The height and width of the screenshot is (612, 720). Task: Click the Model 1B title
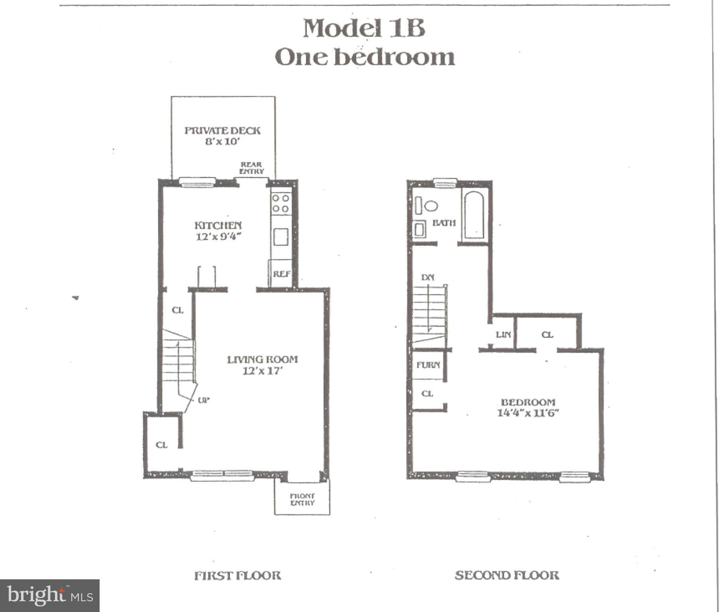[x=364, y=28]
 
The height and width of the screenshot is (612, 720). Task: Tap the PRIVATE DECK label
[x=222, y=131]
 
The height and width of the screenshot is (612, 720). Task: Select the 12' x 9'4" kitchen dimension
[x=218, y=237]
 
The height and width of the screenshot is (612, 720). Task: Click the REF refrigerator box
[x=281, y=274]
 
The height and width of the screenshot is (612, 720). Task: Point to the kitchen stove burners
[x=281, y=203]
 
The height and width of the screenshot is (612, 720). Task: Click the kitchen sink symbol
[x=281, y=237]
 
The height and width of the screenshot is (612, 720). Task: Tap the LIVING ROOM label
[x=262, y=359]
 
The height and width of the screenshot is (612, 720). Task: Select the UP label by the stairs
[x=204, y=400]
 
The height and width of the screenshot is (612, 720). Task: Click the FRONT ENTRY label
[x=302, y=499]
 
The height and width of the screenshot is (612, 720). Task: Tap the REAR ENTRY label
[x=251, y=168]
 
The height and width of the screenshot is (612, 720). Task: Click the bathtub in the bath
[x=474, y=215]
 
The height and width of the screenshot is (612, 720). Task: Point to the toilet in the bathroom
[x=430, y=206]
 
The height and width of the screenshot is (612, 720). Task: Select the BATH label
[x=444, y=223]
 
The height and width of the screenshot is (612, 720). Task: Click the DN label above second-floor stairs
[x=428, y=277]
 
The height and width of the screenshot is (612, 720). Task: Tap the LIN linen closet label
[x=503, y=335]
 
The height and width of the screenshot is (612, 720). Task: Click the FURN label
[x=428, y=365]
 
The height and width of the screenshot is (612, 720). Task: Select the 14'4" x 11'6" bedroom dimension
[x=528, y=413]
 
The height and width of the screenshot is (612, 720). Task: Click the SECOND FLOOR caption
[x=507, y=575]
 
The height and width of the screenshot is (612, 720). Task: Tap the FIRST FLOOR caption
[x=237, y=575]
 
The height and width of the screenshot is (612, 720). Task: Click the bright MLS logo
[x=50, y=595]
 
